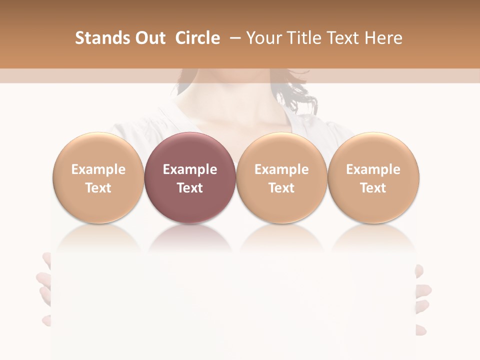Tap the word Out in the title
[148, 38]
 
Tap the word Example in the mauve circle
[190, 169]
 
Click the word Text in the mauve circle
[190, 188]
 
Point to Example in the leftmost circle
[98, 169]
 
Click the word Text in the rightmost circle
[373, 188]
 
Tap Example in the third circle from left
[281, 169]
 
